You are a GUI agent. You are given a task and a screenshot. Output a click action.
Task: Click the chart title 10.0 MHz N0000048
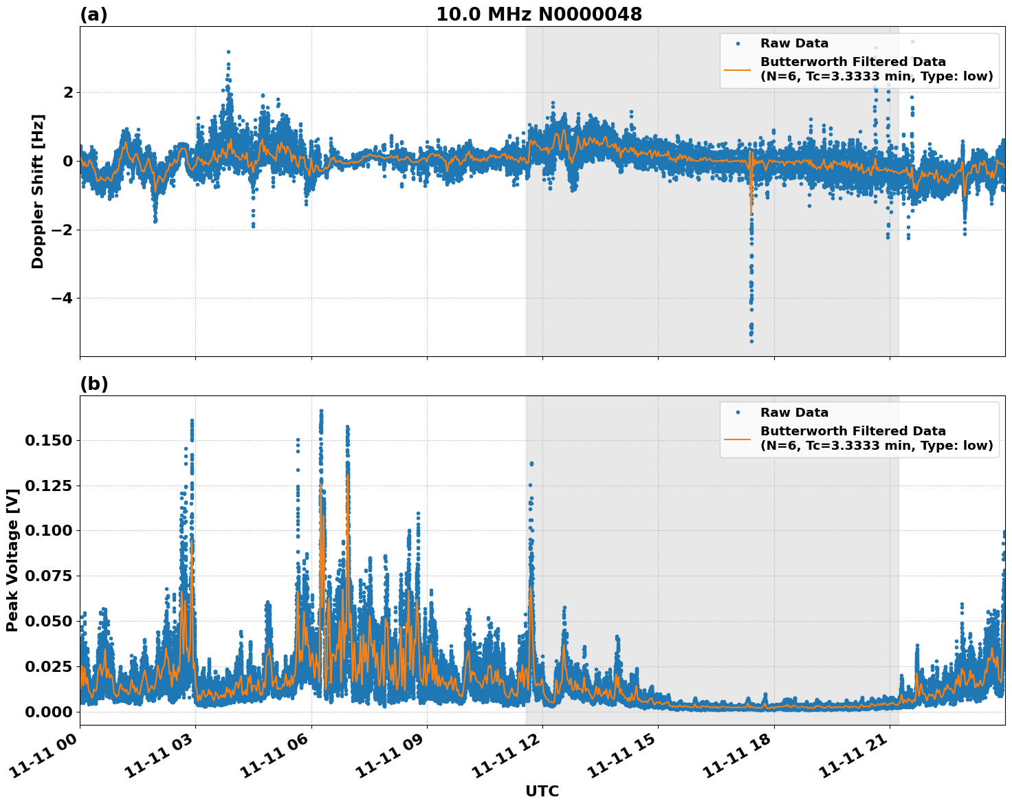tap(539, 14)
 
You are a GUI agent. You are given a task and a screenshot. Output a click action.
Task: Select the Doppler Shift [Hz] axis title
tap(38, 191)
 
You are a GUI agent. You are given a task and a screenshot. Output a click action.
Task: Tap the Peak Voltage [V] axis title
tap(12, 560)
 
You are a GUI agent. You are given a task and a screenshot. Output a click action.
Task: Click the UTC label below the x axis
tap(542, 791)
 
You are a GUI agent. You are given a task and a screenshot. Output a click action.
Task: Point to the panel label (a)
tap(93, 14)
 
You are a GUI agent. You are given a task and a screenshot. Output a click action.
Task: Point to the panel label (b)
tap(93, 384)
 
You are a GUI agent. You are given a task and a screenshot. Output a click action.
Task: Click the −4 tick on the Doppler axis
tap(60, 298)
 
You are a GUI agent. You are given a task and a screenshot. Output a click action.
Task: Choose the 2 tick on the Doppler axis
tap(68, 92)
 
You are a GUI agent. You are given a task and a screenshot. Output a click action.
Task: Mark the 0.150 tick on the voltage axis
tap(48, 440)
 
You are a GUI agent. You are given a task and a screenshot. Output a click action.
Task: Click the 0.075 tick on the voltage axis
tap(48, 576)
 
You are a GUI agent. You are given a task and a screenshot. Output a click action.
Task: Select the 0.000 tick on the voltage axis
tap(48, 711)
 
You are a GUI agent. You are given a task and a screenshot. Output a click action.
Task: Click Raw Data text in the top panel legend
tap(794, 43)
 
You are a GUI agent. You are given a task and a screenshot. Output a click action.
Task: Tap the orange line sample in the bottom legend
tap(737, 438)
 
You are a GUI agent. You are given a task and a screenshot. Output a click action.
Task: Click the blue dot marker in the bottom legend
tap(737, 413)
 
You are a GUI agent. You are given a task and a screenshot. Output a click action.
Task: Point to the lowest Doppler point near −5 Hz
tap(751, 341)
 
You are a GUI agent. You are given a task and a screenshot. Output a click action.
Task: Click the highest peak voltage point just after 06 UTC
tap(321, 411)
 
